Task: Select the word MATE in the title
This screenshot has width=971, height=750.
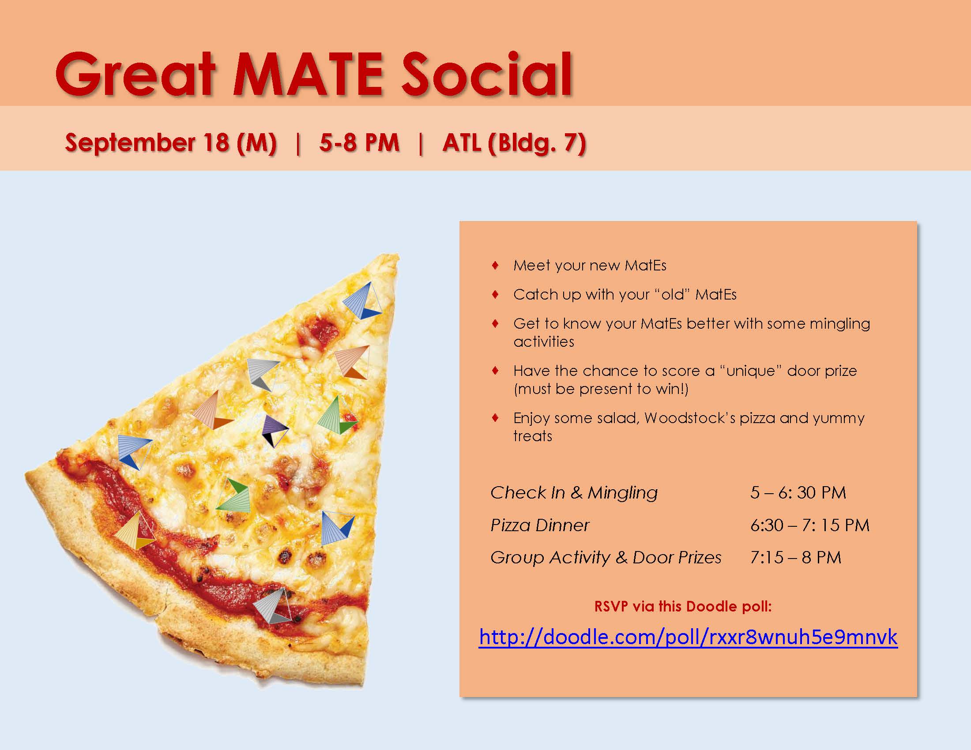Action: pyautogui.click(x=308, y=74)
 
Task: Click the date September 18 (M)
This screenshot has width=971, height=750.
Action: pyautogui.click(x=171, y=143)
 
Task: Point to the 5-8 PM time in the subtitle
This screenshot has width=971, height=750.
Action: pyautogui.click(x=359, y=143)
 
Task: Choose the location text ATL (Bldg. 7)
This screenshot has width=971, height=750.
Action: pyautogui.click(x=514, y=143)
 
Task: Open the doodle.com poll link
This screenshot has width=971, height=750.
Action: pyautogui.click(x=688, y=637)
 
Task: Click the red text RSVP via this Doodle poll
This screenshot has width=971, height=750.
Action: pyautogui.click(x=683, y=607)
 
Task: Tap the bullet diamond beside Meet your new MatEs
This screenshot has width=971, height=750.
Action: pyautogui.click(x=495, y=266)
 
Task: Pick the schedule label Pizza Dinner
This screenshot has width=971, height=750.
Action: pyautogui.click(x=540, y=525)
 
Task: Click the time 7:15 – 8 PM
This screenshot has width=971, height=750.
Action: pyautogui.click(x=796, y=558)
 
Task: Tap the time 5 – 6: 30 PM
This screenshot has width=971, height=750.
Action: pyautogui.click(x=798, y=493)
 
